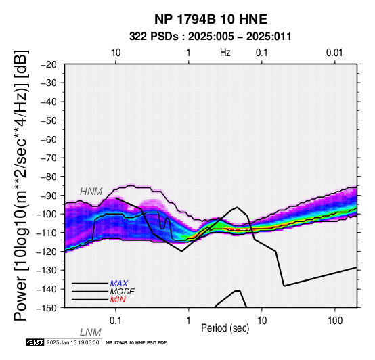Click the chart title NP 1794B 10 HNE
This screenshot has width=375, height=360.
[x=211, y=19]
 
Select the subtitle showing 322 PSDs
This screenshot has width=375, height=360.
[x=211, y=37]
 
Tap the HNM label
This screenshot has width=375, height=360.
[x=91, y=192]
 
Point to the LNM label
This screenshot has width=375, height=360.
[x=91, y=332]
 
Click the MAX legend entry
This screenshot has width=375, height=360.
[x=119, y=284]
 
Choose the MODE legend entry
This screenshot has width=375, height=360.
[x=123, y=292]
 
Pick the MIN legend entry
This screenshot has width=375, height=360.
[x=118, y=300]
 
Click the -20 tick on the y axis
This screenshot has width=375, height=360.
[x=49, y=64]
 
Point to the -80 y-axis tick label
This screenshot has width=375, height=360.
[x=49, y=177]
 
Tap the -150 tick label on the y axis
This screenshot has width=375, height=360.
[x=47, y=308]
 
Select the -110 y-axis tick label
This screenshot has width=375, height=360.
[x=47, y=233]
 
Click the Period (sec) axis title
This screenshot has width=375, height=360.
[x=225, y=328]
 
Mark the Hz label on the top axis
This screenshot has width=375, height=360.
[x=225, y=53]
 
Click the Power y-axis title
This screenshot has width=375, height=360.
[x=21, y=185]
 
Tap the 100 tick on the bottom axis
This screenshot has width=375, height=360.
[x=335, y=321]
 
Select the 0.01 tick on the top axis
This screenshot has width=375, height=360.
[x=334, y=53]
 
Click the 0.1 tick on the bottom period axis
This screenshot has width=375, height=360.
[x=116, y=321]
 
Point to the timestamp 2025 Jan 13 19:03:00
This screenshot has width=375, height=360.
[x=72, y=342]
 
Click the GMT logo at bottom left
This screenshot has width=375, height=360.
[x=35, y=342]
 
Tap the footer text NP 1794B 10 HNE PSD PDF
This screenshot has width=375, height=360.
[x=136, y=343]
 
